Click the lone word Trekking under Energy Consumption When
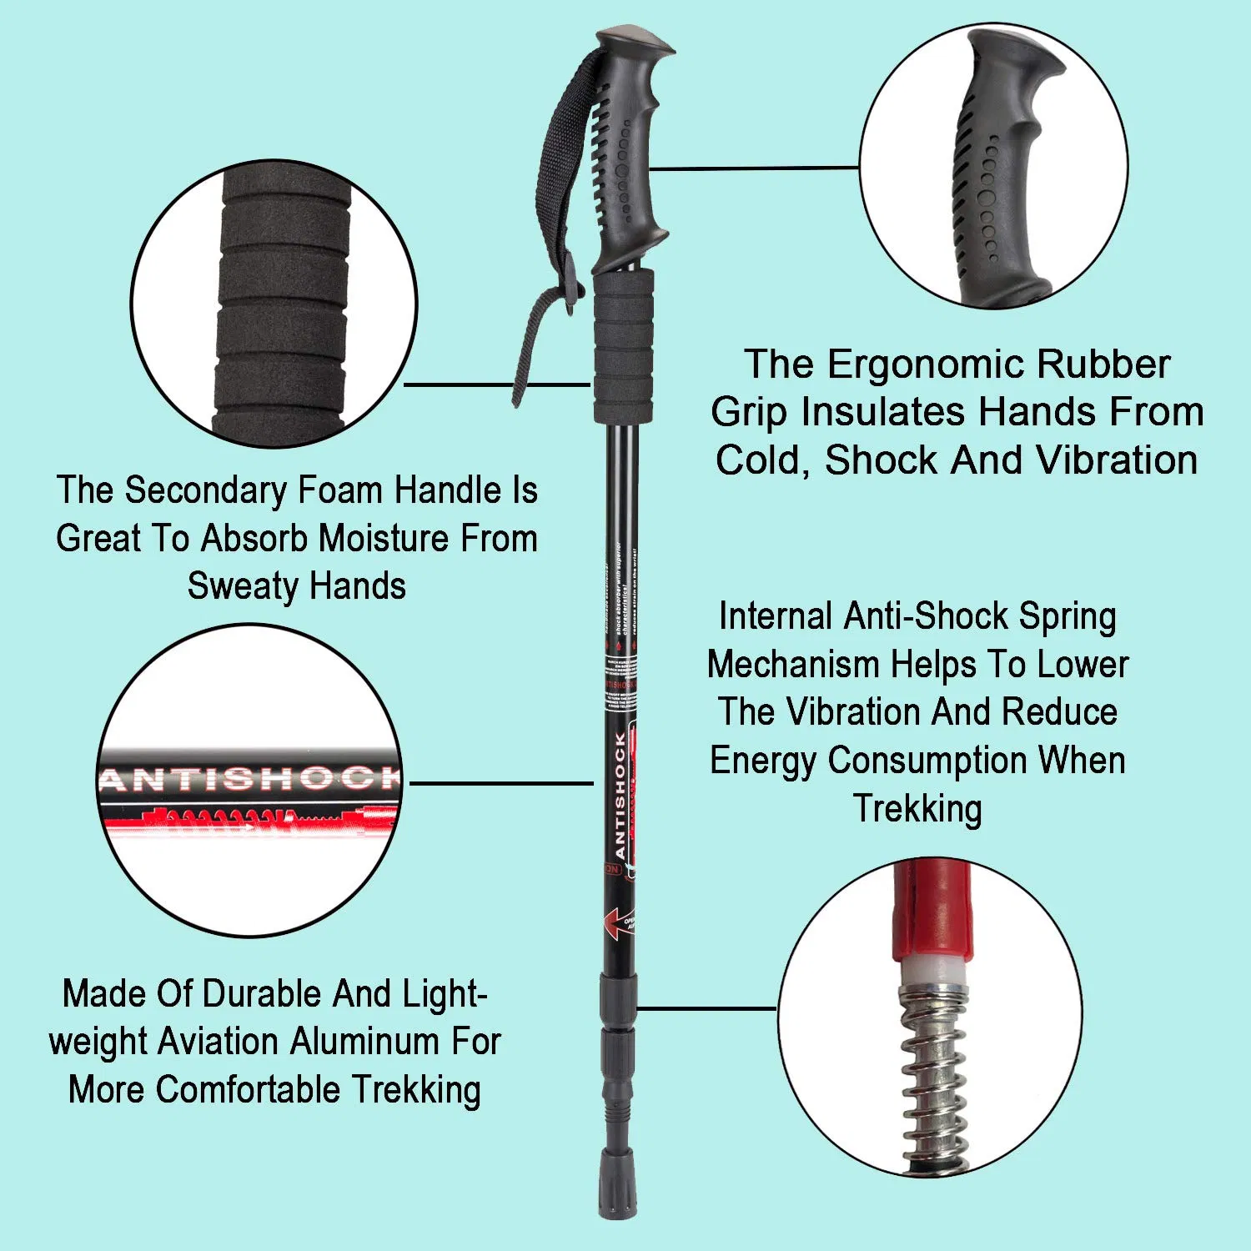(x=917, y=809)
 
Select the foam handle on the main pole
(x=623, y=346)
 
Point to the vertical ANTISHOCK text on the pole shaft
(x=620, y=796)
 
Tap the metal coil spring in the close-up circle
(x=934, y=1076)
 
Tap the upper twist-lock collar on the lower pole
(x=618, y=991)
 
